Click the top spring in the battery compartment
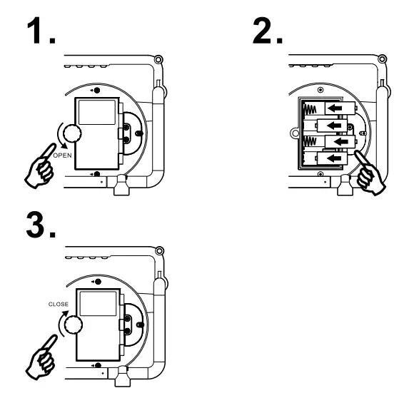pyautogui.click(x=311, y=109)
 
